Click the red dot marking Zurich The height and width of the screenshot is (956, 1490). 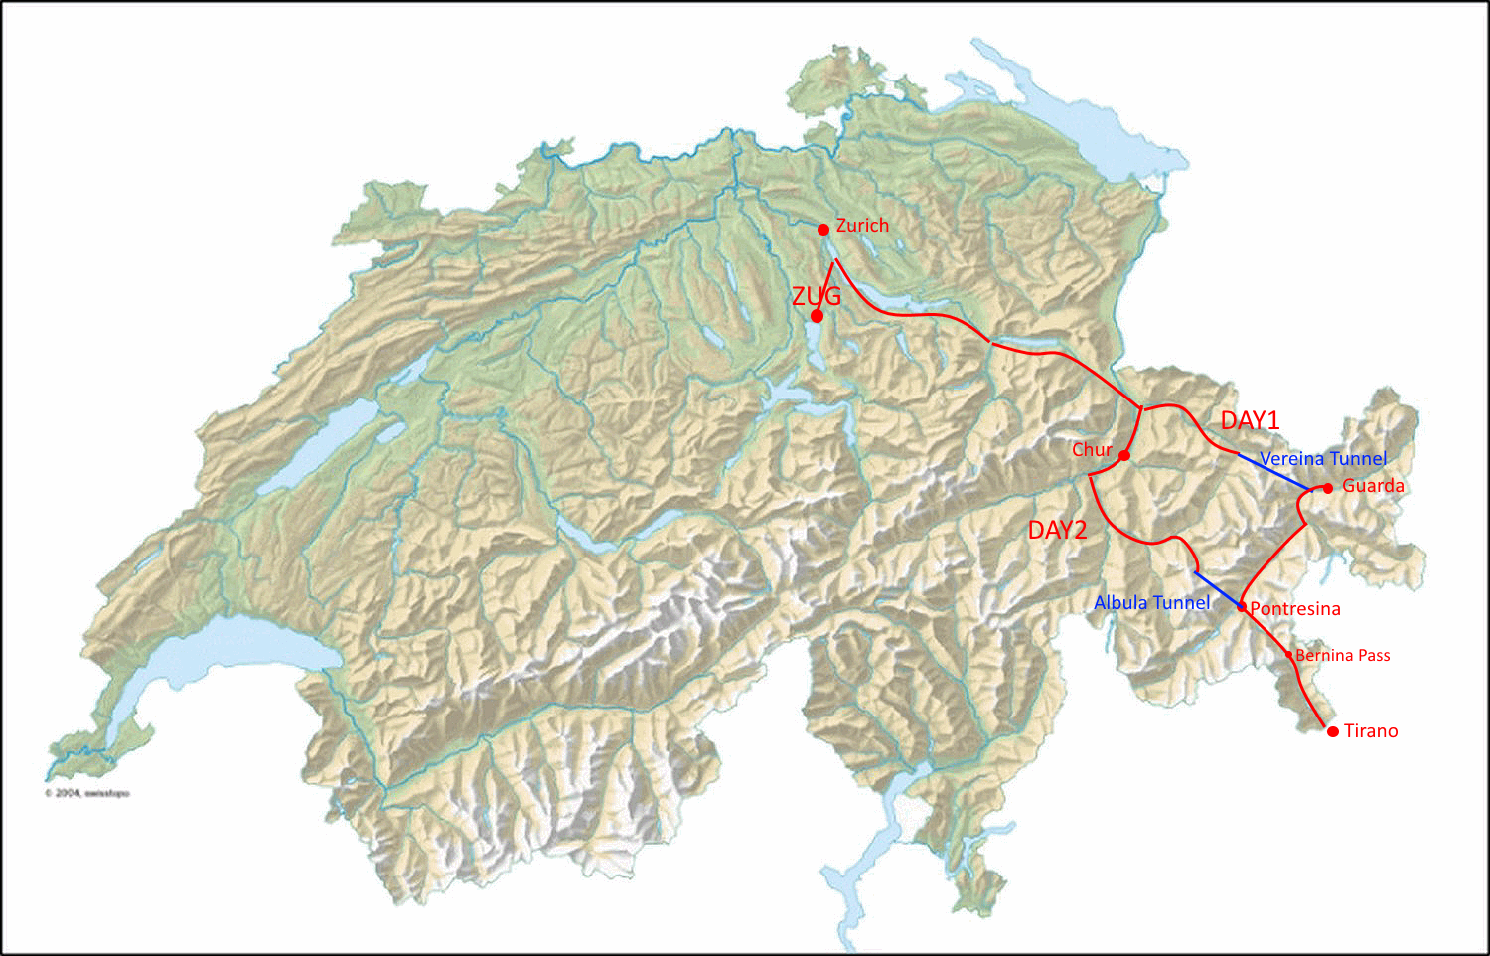click(x=823, y=230)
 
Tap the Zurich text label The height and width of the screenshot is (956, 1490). click(x=862, y=226)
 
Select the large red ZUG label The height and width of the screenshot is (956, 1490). click(x=817, y=295)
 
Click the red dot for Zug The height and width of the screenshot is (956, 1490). click(x=817, y=316)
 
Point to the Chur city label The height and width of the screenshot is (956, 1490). click(x=1092, y=450)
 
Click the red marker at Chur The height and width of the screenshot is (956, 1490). click(x=1124, y=456)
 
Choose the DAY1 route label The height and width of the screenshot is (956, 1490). click(x=1250, y=420)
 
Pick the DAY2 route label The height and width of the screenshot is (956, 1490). click(x=1057, y=530)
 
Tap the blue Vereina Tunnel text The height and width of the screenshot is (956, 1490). click(x=1323, y=458)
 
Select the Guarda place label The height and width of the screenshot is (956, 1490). click(x=1373, y=486)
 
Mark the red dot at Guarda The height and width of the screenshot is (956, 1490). click(x=1328, y=488)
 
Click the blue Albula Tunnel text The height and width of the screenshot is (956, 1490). click(x=1151, y=602)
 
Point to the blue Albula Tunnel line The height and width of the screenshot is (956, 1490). click(x=1217, y=589)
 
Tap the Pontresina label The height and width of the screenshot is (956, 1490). click(x=1295, y=609)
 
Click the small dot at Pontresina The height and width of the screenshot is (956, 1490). click(x=1242, y=606)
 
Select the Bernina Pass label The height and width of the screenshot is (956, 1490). click(x=1343, y=656)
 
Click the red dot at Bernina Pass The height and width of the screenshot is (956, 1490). click(x=1289, y=655)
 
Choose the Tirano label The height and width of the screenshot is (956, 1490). click(x=1371, y=731)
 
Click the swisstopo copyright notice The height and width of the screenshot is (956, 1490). click(x=87, y=793)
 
